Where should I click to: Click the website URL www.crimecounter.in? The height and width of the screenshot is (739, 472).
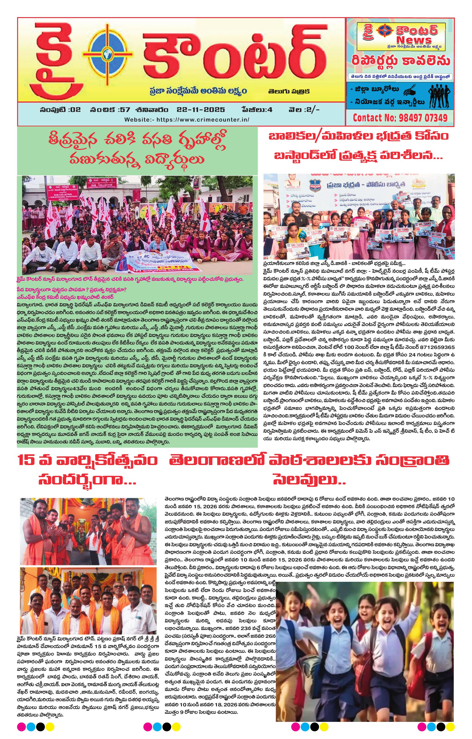(x=202, y=120)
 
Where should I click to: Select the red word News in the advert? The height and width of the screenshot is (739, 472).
(x=414, y=40)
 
